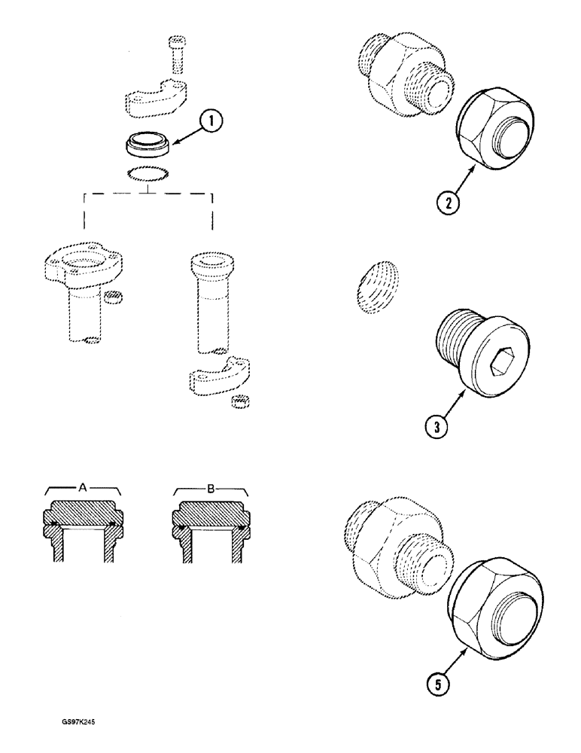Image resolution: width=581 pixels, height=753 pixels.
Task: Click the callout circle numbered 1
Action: point(211,120)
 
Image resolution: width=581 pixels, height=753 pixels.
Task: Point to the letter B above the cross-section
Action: point(210,488)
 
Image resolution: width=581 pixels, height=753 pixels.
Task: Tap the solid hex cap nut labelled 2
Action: point(496,132)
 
